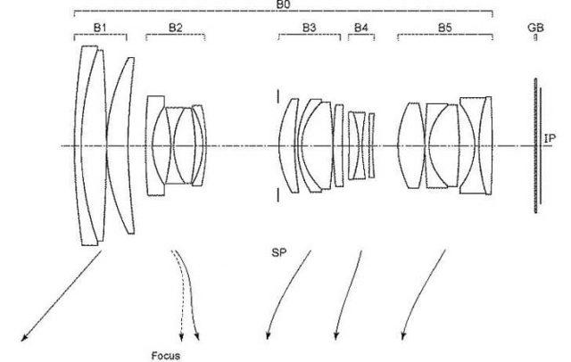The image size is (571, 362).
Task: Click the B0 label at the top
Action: click(x=285, y=4)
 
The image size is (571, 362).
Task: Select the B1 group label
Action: click(x=100, y=28)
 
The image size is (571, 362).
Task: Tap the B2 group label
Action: click(x=175, y=28)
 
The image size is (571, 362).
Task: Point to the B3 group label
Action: click(x=310, y=28)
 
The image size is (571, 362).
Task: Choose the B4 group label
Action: click(x=360, y=28)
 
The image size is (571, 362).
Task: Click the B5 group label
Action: click(x=444, y=28)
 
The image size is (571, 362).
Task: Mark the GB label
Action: click(x=535, y=28)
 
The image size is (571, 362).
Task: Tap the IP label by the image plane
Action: click(x=550, y=138)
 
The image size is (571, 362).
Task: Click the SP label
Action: click(x=279, y=253)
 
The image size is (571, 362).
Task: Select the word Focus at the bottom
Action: click(x=166, y=356)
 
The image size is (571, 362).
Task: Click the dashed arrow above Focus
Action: click(x=180, y=291)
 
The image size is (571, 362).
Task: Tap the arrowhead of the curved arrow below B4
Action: click(x=335, y=336)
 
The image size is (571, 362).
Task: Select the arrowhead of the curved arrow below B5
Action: click(x=402, y=336)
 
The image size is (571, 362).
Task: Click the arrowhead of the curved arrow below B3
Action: click(x=268, y=336)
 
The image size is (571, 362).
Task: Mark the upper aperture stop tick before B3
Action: click(x=277, y=96)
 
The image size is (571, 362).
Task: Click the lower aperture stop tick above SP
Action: click(x=277, y=194)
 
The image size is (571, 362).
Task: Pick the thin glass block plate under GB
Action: click(x=535, y=145)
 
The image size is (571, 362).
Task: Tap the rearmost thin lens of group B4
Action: click(x=371, y=145)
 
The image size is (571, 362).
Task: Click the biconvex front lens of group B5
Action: click(x=412, y=145)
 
